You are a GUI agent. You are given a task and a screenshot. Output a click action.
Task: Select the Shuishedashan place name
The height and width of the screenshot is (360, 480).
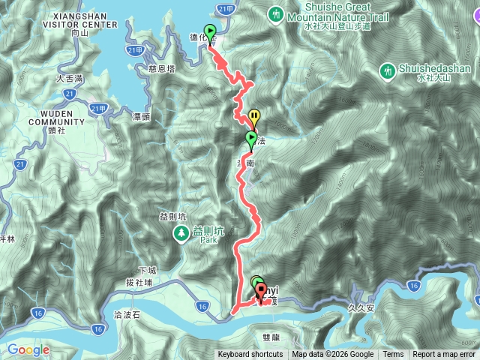coord(430,68)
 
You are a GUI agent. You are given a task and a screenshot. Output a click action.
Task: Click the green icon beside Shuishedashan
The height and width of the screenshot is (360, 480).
coord(388,71)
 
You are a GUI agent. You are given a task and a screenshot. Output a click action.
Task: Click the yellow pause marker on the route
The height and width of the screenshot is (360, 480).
coord(254,116)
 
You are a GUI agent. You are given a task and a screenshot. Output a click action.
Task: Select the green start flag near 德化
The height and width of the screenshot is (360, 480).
coord(210,32)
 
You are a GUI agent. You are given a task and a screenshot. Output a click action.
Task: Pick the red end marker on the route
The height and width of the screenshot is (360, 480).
coord(261,289)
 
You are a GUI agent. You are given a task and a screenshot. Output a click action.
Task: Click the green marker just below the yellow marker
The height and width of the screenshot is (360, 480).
coord(250,139)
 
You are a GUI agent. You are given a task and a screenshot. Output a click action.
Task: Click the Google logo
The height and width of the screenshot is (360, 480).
coord(28,349)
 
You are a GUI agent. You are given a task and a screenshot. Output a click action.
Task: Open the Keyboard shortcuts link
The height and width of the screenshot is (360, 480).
coord(250,355)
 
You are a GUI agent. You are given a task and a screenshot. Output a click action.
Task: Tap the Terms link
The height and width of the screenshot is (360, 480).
coord(393,355)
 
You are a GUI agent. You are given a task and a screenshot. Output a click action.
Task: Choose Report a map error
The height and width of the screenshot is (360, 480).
coord(444,355)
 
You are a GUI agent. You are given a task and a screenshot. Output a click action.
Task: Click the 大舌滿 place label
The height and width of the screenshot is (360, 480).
coord(70,77)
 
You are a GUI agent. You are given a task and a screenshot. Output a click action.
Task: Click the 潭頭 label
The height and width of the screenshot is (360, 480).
coord(142,117)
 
